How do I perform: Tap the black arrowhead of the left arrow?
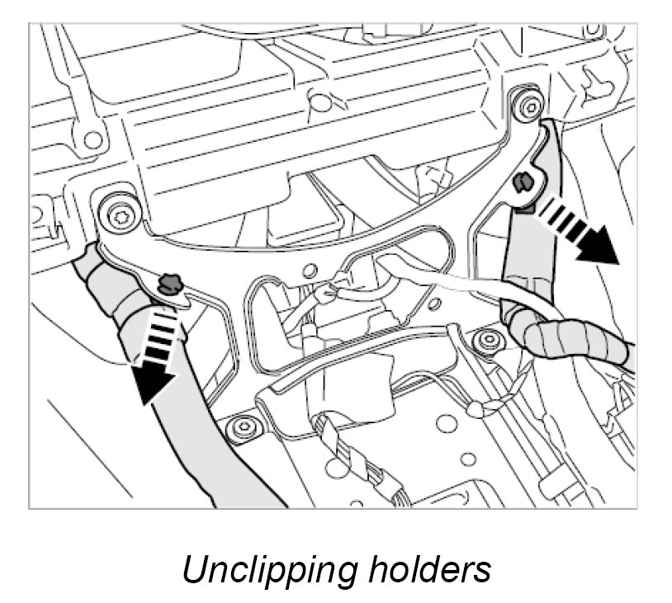(x=154, y=383)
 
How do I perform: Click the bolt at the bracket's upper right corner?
(x=527, y=103)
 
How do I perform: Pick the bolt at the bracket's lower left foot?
(x=241, y=427)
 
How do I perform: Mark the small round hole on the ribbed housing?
(x=315, y=103)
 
